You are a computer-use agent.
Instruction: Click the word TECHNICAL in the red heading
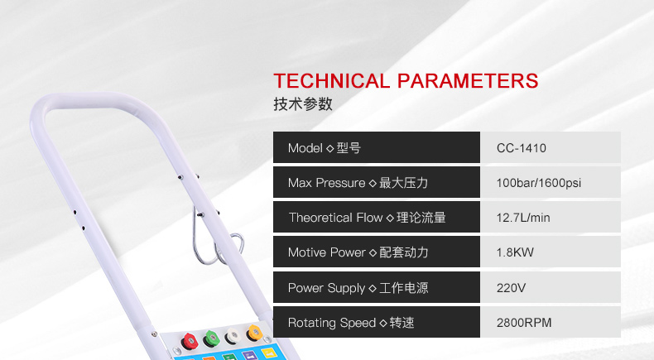(331, 81)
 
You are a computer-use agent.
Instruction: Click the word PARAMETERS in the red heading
(468, 81)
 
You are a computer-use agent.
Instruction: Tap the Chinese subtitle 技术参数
(303, 104)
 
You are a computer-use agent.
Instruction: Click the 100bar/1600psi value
(538, 183)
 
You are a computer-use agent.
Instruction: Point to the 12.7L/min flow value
(523, 218)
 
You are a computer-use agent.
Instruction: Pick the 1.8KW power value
(515, 252)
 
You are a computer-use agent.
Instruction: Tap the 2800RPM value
(524, 323)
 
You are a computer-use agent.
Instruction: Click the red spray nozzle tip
(189, 341)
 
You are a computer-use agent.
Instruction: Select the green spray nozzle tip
(211, 338)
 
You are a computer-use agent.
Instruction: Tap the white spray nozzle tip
(233, 335)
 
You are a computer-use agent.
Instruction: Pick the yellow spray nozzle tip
(254, 333)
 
